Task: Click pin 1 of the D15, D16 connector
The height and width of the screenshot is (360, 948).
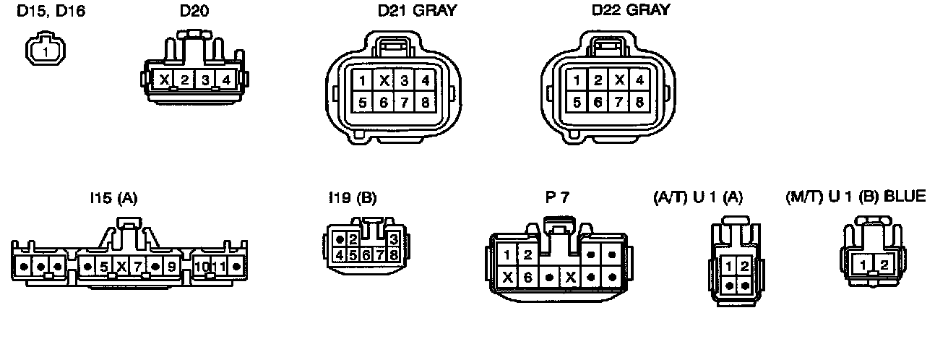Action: click(46, 53)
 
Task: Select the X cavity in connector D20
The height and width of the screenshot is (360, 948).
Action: click(164, 80)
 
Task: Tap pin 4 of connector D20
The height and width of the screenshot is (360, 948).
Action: click(226, 80)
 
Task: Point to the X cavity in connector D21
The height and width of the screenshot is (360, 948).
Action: click(384, 80)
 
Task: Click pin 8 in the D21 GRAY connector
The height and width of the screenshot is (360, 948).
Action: click(426, 102)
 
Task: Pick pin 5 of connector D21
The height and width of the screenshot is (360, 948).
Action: click(363, 102)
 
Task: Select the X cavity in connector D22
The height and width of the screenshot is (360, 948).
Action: click(619, 80)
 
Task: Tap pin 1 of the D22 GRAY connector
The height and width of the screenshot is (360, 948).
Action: click(577, 80)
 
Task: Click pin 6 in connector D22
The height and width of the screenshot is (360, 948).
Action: click(598, 102)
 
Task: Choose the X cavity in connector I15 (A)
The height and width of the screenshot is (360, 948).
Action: click(121, 266)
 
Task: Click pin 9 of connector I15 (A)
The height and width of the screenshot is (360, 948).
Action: click(171, 266)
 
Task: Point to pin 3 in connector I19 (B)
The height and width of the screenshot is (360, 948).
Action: click(393, 239)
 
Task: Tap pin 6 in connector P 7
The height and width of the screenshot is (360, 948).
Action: click(528, 276)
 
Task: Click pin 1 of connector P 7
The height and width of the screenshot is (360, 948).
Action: click(508, 254)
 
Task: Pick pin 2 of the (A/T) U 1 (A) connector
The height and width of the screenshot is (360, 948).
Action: click(744, 266)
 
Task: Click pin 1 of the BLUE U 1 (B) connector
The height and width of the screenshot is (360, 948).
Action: click(863, 266)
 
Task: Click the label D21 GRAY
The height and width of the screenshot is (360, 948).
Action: click(418, 11)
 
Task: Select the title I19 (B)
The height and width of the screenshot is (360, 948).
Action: click(352, 197)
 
